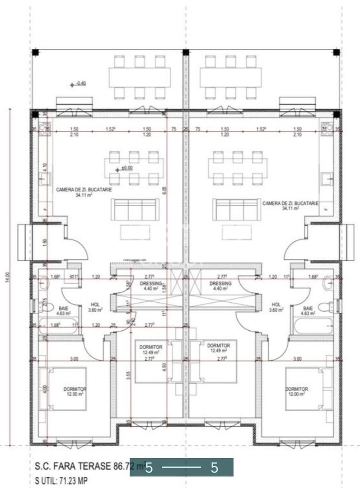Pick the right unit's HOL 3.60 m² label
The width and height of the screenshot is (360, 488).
click(276, 307)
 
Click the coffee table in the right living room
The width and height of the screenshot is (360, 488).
click(237, 232)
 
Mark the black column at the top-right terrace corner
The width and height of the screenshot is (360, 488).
click(336, 52)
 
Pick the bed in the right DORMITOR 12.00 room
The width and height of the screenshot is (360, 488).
click(305, 388)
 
